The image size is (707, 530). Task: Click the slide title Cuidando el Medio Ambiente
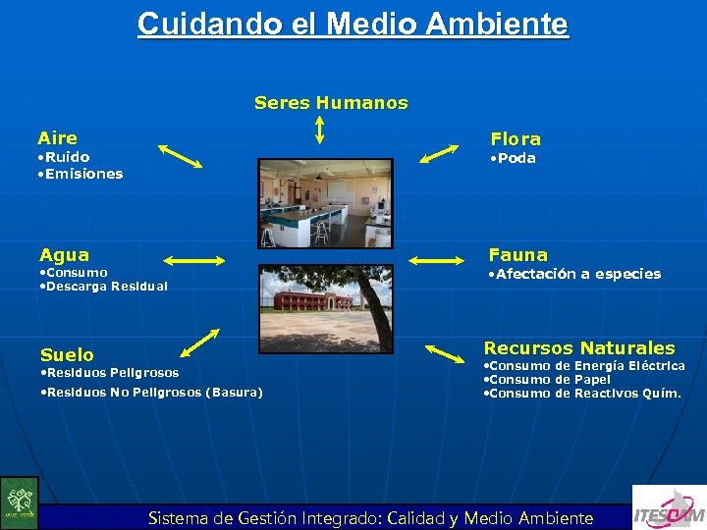[x=353, y=24]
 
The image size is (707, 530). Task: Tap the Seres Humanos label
[x=331, y=102]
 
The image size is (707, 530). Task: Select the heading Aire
[x=57, y=138]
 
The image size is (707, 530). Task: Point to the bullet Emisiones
[x=80, y=174]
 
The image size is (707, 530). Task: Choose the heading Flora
[x=516, y=139]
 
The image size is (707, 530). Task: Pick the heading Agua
[x=64, y=255]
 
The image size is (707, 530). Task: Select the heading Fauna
[x=518, y=255]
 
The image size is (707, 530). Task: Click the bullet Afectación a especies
[x=574, y=274]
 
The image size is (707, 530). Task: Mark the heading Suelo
[x=67, y=355]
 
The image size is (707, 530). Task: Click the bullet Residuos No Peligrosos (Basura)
[x=152, y=393]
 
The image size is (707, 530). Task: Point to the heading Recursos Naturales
[x=579, y=348]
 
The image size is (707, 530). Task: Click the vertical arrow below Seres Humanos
[x=320, y=129]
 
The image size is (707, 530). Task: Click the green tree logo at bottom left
[x=19, y=503]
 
